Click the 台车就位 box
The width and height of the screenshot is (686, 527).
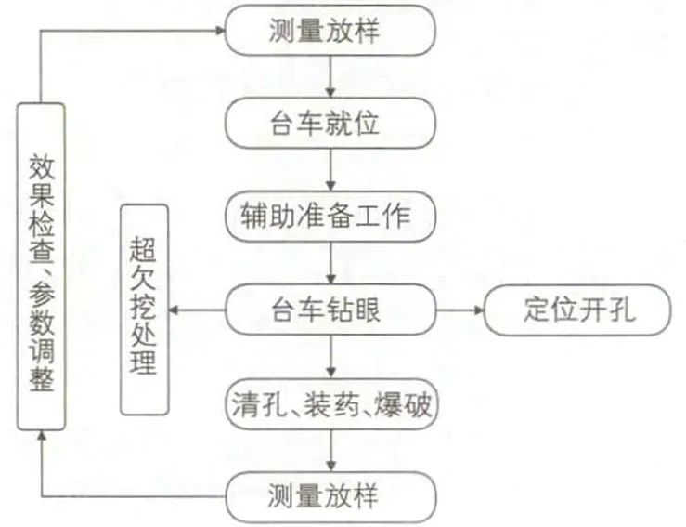(330, 124)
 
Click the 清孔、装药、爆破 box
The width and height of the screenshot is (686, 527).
(330, 405)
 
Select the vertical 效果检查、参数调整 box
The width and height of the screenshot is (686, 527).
(41, 267)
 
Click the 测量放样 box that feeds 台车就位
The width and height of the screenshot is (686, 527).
(330, 31)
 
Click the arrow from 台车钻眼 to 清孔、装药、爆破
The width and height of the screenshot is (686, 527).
(330, 358)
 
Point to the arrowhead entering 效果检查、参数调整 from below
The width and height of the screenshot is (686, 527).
(41, 439)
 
